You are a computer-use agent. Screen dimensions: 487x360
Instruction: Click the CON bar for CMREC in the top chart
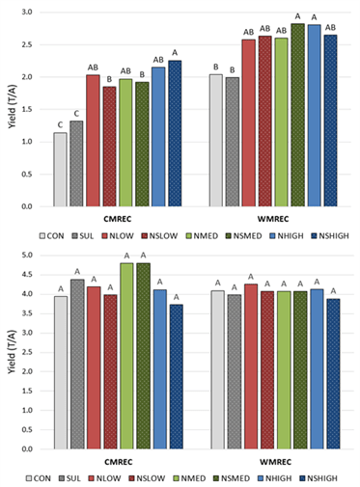[x=60, y=170]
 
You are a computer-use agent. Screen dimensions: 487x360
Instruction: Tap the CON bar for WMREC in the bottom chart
[x=215, y=369]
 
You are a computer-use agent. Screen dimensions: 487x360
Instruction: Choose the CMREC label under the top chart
[x=117, y=218]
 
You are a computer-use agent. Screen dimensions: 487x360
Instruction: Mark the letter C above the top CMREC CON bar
[x=60, y=124]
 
